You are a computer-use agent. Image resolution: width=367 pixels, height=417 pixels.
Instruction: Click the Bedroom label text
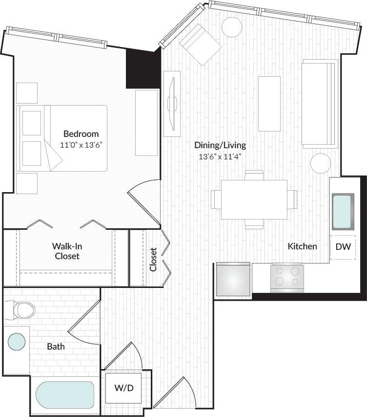pyautogui.click(x=81, y=133)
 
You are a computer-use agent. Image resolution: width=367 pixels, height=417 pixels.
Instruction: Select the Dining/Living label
pyautogui.click(x=220, y=145)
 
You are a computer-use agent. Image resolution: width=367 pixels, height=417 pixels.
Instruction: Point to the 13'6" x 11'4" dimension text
pyautogui.click(x=220, y=156)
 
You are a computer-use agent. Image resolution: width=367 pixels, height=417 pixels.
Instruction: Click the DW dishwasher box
pyautogui.click(x=343, y=247)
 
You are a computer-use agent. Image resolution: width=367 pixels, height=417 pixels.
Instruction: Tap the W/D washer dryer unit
pyautogui.click(x=124, y=388)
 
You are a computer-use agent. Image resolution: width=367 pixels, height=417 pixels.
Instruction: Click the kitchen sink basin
pyautogui.click(x=343, y=211)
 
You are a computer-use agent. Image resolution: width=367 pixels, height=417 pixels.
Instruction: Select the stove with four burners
pyautogui.click(x=287, y=278)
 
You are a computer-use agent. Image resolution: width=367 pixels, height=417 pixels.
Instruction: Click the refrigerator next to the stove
pyautogui.click(x=233, y=279)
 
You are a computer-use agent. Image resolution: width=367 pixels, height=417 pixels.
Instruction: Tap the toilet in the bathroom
pyautogui.click(x=20, y=309)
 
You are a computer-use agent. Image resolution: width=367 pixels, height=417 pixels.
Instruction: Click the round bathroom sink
pyautogui.click(x=17, y=341)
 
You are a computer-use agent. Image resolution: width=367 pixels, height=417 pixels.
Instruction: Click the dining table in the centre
pyautogui.click(x=254, y=199)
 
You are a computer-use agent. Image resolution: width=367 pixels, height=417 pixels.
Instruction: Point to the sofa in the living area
pyautogui.click(x=320, y=104)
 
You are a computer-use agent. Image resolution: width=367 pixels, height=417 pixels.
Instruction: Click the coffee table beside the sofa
pyautogui.click(x=269, y=104)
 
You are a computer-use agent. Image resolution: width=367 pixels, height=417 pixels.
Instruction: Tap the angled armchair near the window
pyautogui.click(x=200, y=44)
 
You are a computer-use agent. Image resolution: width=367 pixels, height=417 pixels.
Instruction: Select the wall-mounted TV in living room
pyautogui.click(x=172, y=104)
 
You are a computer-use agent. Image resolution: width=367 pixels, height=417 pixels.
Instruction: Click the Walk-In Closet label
pyautogui.click(x=67, y=250)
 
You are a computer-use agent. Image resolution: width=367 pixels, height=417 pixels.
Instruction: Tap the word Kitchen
pyautogui.click(x=302, y=246)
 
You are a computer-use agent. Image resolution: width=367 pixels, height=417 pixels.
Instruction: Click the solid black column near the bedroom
pyautogui.click(x=143, y=68)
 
